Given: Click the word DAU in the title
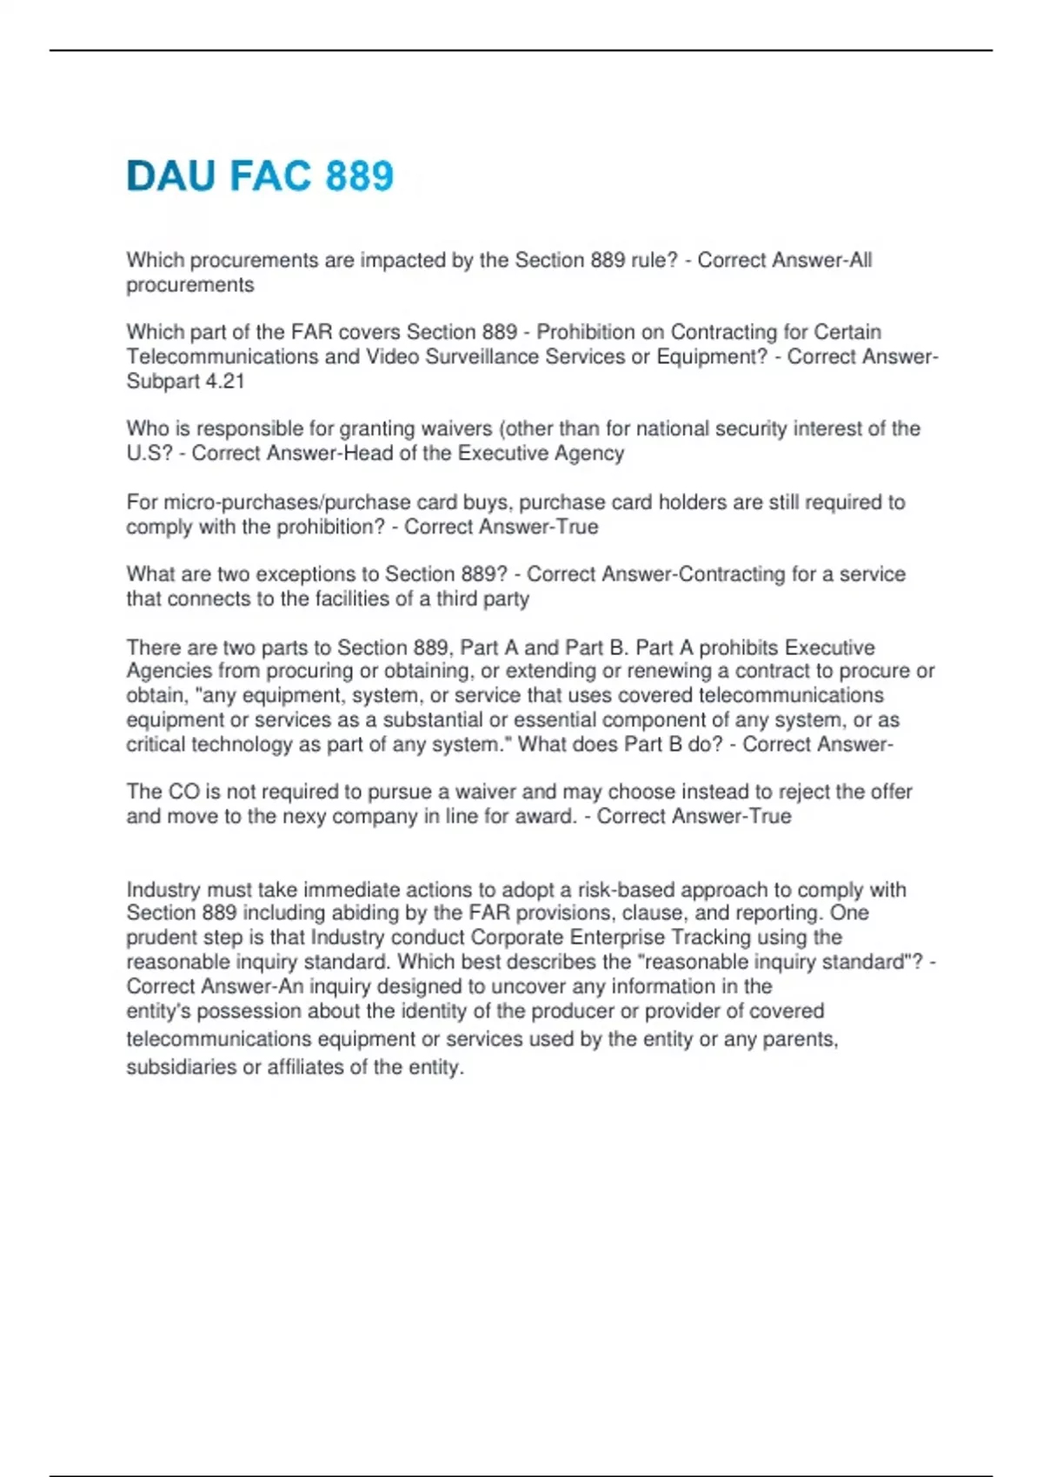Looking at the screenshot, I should click(x=170, y=176).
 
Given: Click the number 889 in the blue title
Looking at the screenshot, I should click(x=360, y=176).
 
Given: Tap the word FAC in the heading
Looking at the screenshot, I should click(x=269, y=176).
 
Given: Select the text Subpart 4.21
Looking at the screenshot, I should click(x=185, y=381).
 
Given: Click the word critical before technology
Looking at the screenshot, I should click(x=156, y=745).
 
